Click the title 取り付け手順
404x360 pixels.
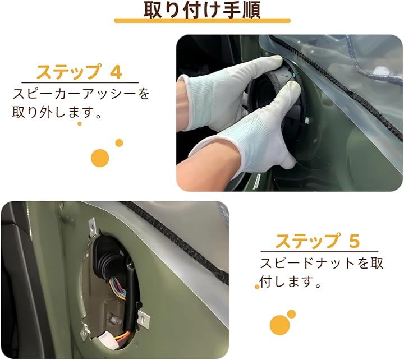pyautogui.click(x=202, y=10)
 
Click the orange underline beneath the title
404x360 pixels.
pyautogui.click(x=202, y=21)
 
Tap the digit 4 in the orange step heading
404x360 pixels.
pyautogui.click(x=116, y=72)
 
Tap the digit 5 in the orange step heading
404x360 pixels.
pyautogui.click(x=355, y=241)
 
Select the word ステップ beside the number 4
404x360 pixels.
pyautogui.click(x=68, y=72)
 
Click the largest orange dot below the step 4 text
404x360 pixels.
pyautogui.click(x=100, y=158)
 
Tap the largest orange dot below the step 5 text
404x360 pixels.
pyautogui.click(x=279, y=325)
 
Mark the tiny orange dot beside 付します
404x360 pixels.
pyautogui.click(x=257, y=287)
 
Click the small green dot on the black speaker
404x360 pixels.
pyautogui.click(x=293, y=75)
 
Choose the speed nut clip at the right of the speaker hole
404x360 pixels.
pyautogui.click(x=144, y=319)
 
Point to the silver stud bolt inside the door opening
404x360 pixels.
pyautogui.click(x=116, y=320)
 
